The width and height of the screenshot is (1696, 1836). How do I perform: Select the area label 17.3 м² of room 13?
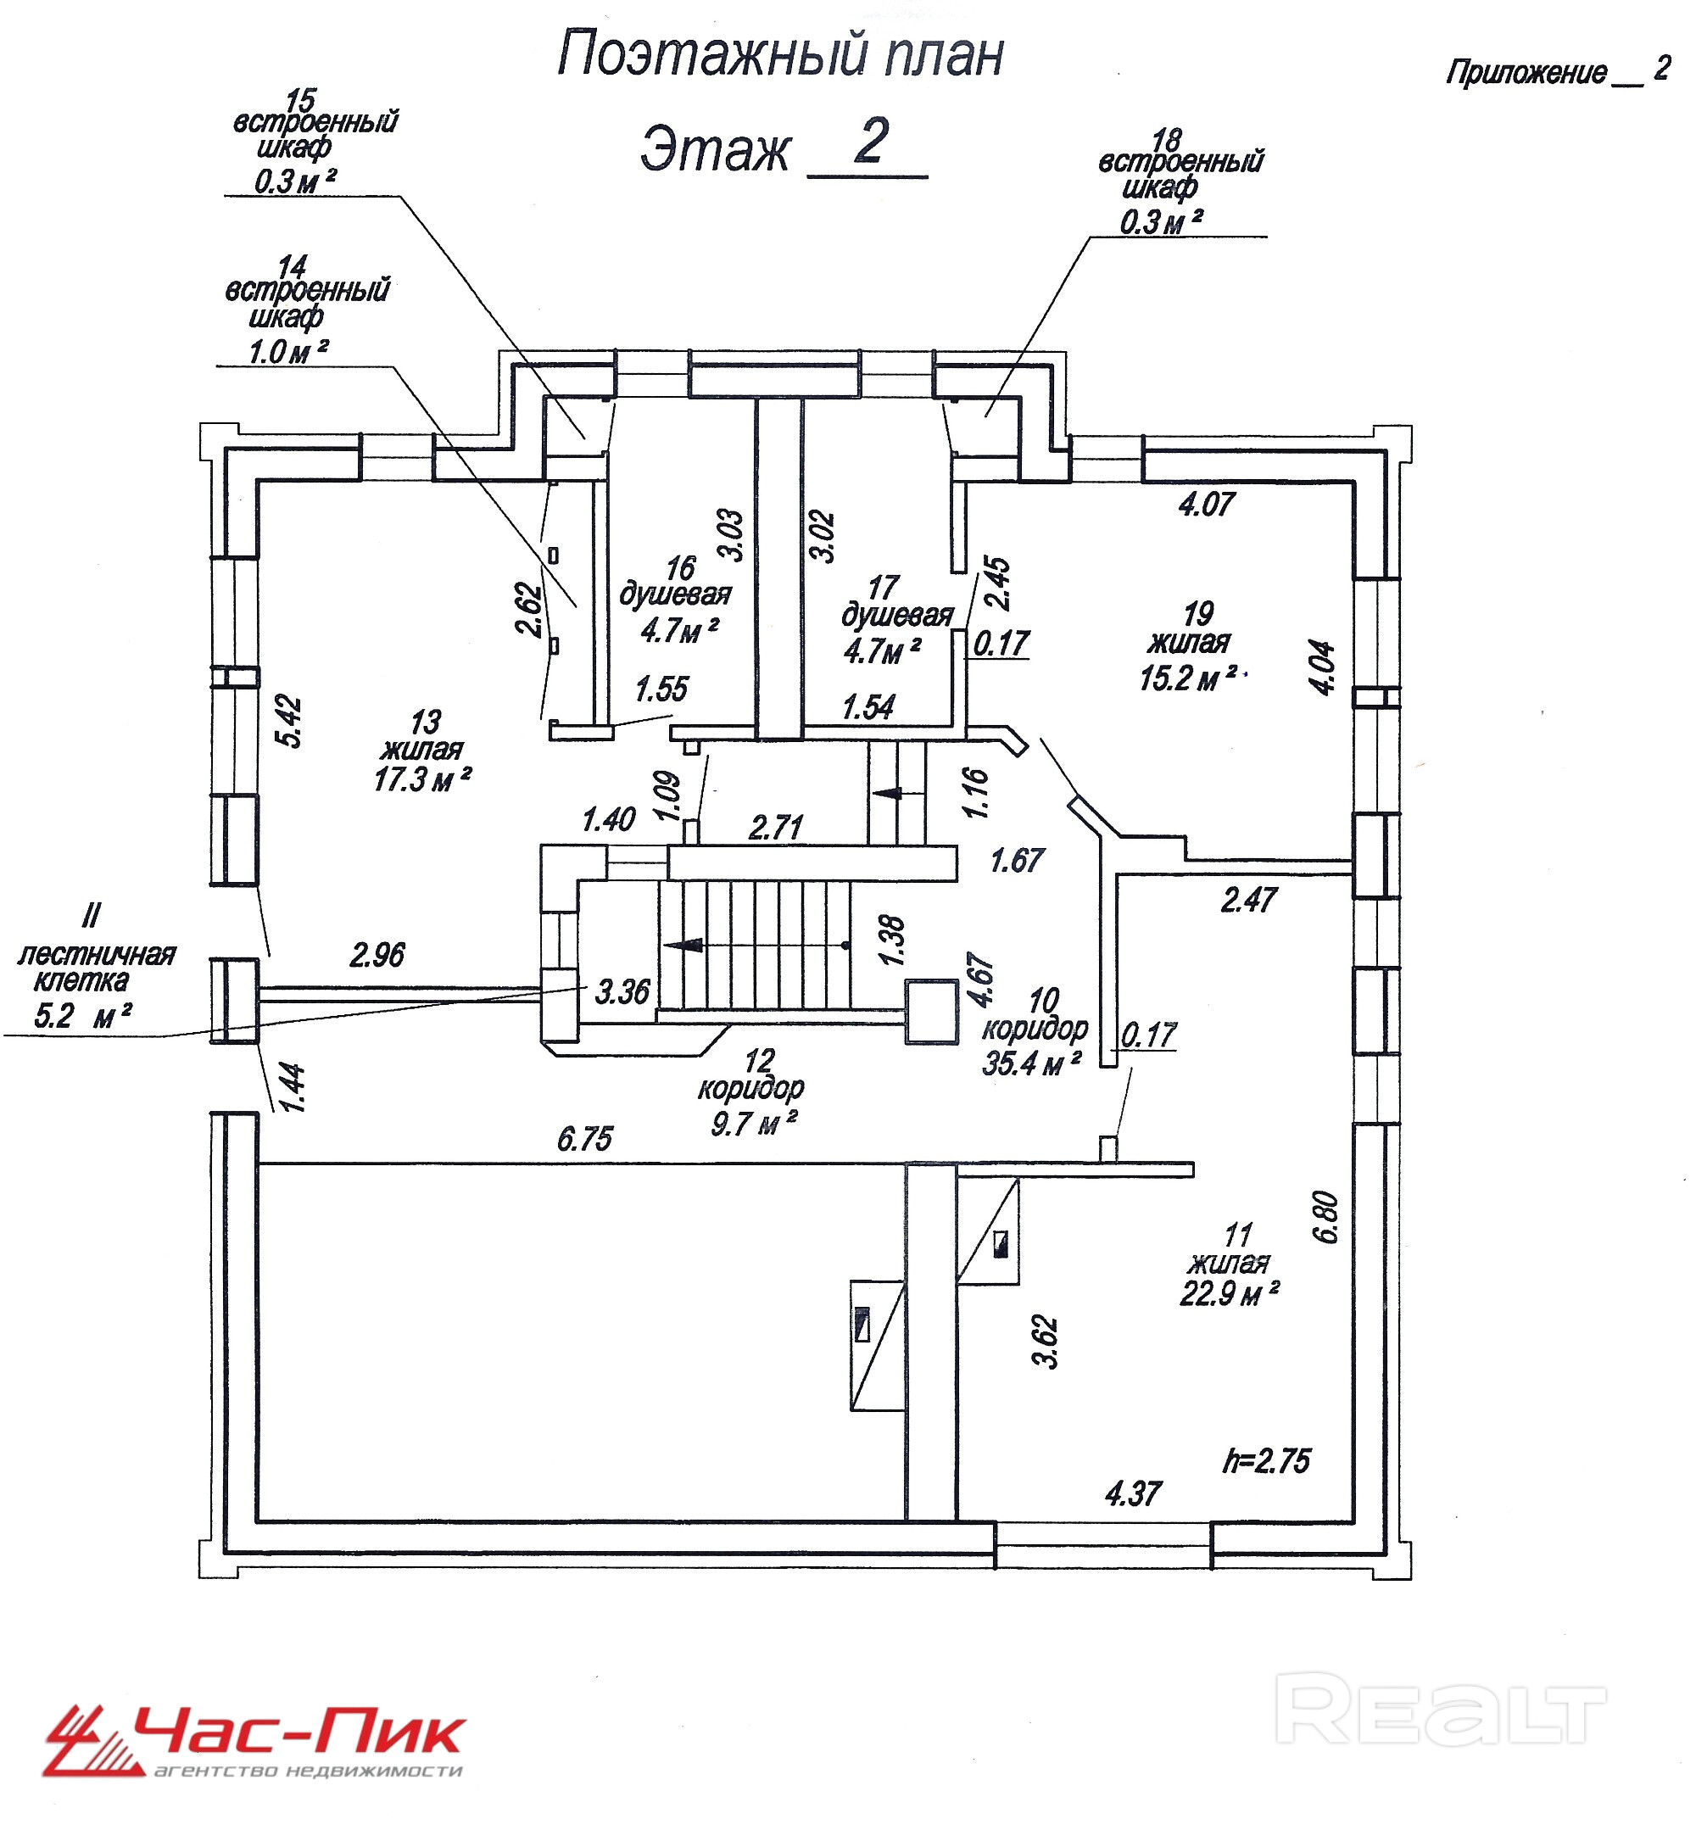(x=422, y=780)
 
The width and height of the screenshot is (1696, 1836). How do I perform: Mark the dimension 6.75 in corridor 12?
(x=584, y=1140)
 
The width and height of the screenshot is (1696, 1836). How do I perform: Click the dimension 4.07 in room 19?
(x=1207, y=505)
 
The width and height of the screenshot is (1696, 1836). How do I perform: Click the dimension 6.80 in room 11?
(x=1327, y=1217)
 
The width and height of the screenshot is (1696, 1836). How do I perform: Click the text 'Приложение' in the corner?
(x=1526, y=72)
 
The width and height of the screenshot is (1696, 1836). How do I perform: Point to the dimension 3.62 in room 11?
(x=1047, y=1342)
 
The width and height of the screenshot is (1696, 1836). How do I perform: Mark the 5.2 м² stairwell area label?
(x=81, y=1017)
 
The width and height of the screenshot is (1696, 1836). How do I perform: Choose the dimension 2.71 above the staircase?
(x=777, y=828)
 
